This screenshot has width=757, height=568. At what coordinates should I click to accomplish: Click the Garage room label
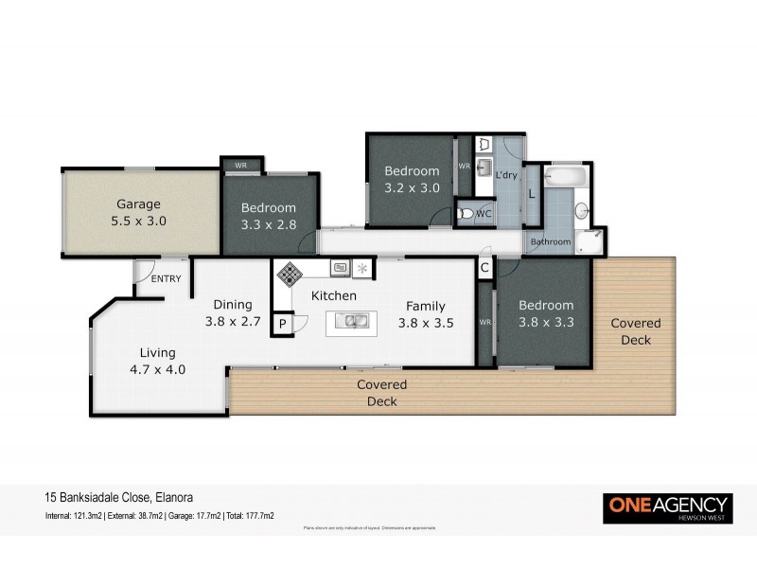click(x=138, y=204)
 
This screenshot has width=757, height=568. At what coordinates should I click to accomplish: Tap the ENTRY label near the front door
click(x=167, y=278)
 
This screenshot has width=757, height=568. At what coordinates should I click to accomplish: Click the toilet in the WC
click(x=466, y=214)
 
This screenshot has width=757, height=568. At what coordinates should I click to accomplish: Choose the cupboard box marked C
click(x=484, y=268)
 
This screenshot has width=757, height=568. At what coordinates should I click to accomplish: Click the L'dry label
click(x=506, y=175)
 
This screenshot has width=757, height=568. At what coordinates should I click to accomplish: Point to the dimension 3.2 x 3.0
click(x=412, y=187)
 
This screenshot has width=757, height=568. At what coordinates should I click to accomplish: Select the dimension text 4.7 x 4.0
click(x=157, y=369)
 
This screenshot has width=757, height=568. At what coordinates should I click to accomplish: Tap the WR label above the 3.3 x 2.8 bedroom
click(x=240, y=166)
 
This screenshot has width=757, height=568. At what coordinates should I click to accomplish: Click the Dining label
click(x=232, y=304)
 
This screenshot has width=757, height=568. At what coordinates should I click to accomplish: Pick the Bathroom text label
click(x=550, y=242)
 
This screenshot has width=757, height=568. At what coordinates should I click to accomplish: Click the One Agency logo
click(x=667, y=506)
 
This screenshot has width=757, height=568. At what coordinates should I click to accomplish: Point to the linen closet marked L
click(x=532, y=193)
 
